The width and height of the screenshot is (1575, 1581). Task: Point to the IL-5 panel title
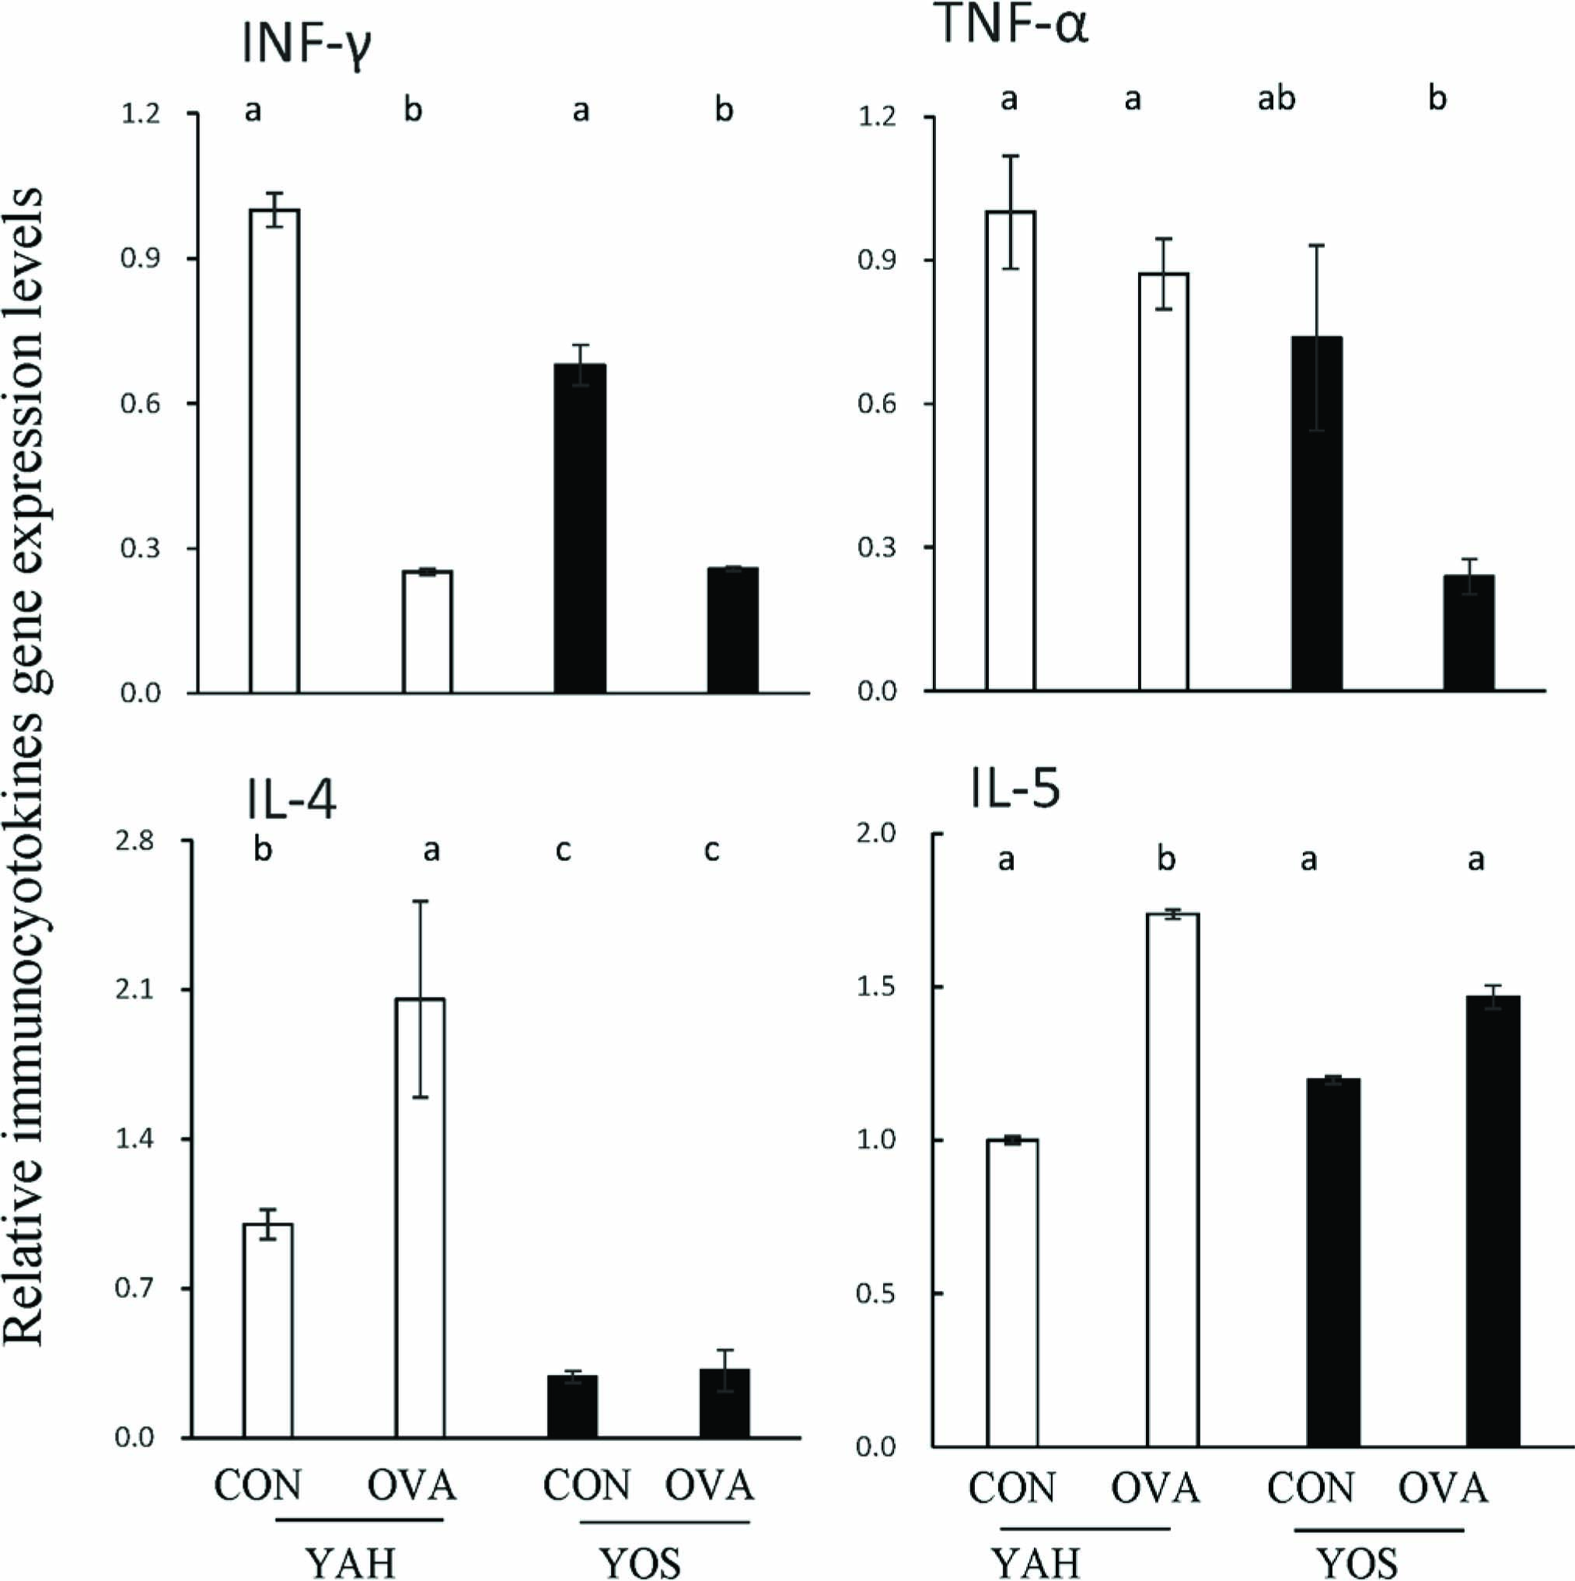coord(1014,790)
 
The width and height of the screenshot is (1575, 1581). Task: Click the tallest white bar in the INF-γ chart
coord(274,450)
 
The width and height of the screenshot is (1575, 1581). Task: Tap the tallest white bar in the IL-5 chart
coord(1172,1179)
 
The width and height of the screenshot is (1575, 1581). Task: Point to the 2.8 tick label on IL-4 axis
coord(134,841)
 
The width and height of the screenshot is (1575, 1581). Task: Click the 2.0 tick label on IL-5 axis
coord(875,834)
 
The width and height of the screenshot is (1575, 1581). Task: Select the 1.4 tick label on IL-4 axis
coord(134,1140)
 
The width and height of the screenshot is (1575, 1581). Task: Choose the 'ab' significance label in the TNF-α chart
coord(1276,99)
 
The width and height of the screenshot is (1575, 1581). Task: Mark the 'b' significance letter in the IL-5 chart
coord(1166,859)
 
